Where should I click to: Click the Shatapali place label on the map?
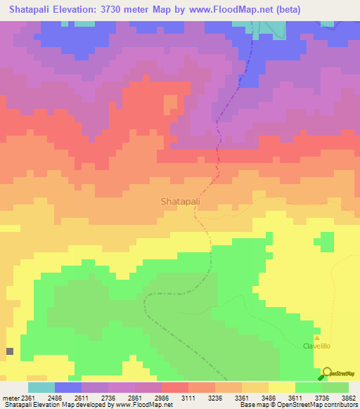pyautogui.click(x=181, y=201)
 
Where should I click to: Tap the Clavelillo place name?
pyautogui.click(x=316, y=346)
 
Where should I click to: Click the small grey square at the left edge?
pyautogui.click(x=10, y=351)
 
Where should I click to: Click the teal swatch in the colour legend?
pyautogui.click(x=41, y=387)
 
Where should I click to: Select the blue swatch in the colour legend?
pyautogui.click(x=68, y=387)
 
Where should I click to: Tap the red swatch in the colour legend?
pyautogui.click(x=175, y=387)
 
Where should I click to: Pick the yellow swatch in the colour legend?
pyautogui.click(x=282, y=387)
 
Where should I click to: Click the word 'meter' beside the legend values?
pyautogui.click(x=11, y=397)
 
